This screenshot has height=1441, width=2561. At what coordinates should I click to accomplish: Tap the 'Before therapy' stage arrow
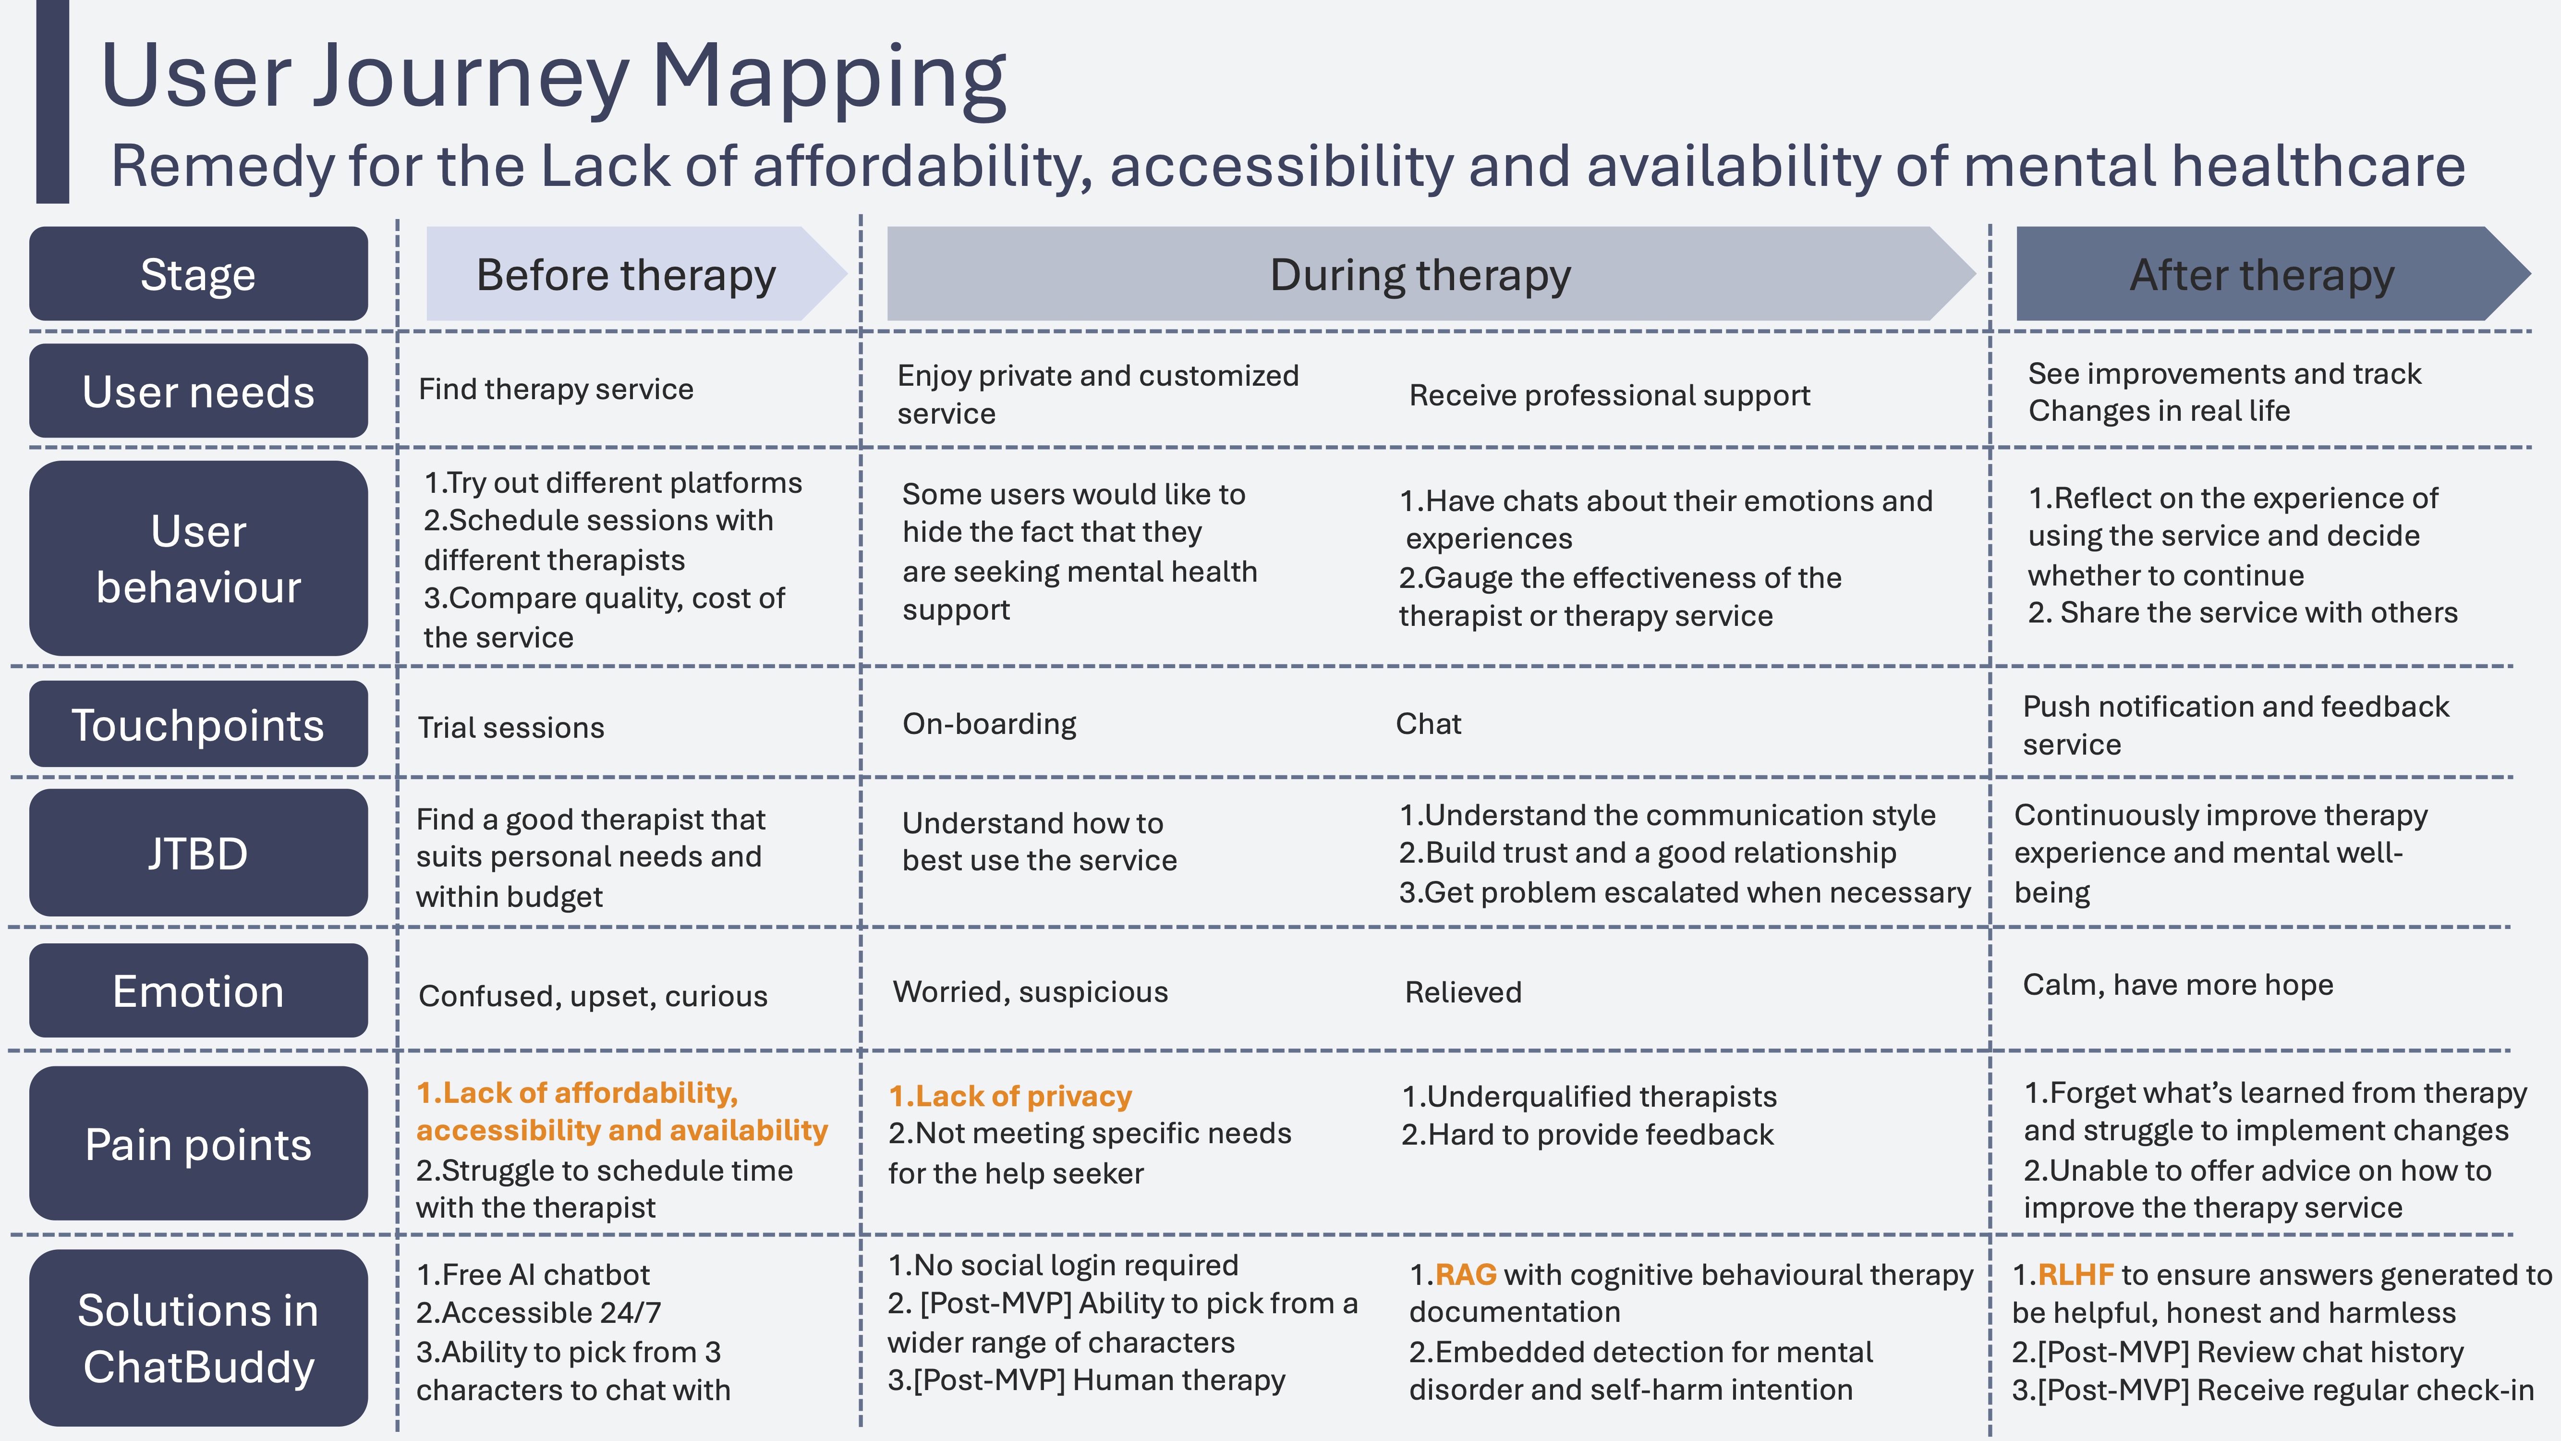(626, 274)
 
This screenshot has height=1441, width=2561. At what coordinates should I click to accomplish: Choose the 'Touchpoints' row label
(198, 725)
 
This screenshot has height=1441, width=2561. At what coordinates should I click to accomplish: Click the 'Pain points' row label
(198, 1144)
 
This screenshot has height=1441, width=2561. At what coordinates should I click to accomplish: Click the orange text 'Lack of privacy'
(1023, 1096)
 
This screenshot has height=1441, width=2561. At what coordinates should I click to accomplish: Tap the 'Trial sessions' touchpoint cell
(511, 727)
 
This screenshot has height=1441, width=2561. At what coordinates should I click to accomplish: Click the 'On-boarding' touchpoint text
(989, 724)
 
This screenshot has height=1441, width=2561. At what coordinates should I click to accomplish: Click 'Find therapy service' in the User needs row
(556, 389)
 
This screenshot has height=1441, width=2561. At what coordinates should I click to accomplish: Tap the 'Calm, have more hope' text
(2177, 985)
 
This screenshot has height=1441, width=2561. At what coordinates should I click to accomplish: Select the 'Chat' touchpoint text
(1428, 724)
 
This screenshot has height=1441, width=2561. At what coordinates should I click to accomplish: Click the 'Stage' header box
(198, 274)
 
